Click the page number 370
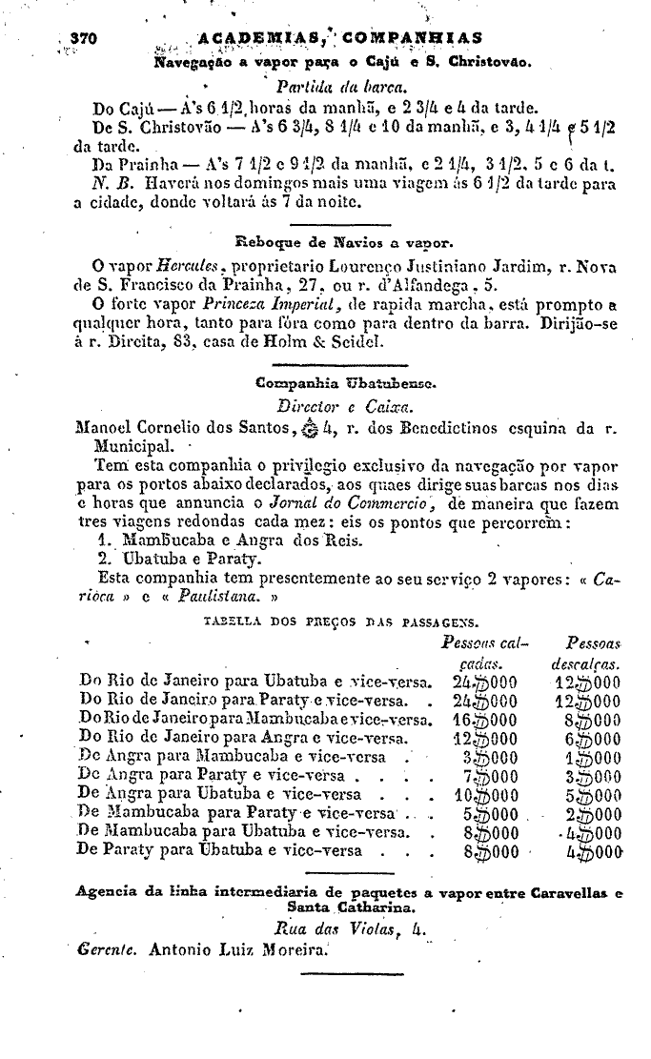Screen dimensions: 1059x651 (86, 38)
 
